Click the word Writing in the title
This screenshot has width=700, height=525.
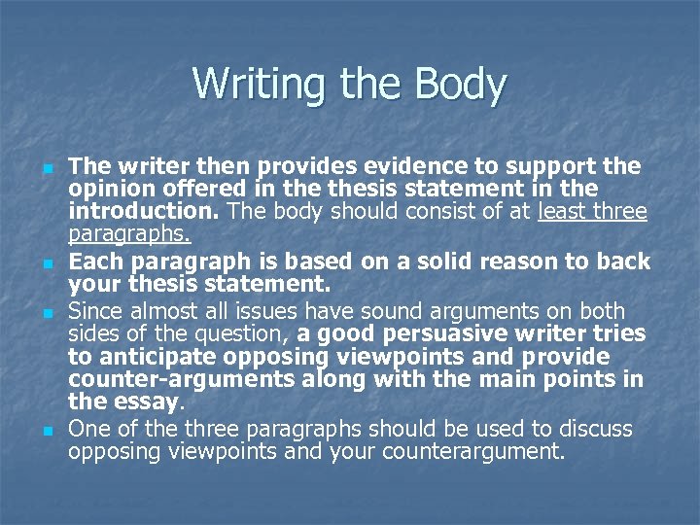click(246, 84)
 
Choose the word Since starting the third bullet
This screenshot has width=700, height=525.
click(94, 310)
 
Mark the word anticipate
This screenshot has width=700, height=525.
click(151, 356)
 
